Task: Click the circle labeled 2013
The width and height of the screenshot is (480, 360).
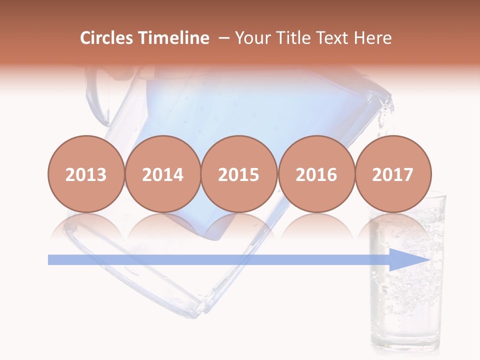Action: click(86, 174)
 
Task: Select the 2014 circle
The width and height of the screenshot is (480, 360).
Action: click(162, 174)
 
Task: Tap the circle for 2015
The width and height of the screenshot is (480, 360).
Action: click(239, 174)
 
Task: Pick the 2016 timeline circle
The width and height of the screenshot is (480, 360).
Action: click(316, 174)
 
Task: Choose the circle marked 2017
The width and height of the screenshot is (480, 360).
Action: click(392, 174)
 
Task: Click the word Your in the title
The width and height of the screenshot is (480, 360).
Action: click(252, 38)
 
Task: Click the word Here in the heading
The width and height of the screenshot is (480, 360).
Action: click(373, 38)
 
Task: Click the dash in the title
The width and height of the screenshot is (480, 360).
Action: click(224, 38)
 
